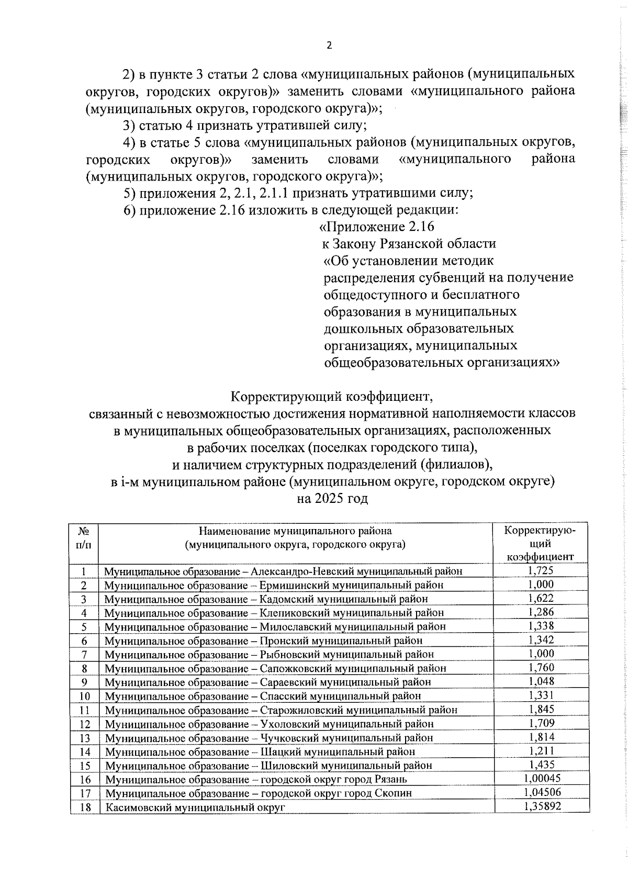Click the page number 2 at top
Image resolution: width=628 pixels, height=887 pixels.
(x=329, y=46)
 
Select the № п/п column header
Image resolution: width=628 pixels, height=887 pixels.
(x=84, y=537)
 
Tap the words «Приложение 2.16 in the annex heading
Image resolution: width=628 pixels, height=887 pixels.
(x=377, y=227)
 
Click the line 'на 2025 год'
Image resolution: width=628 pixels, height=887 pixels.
(x=332, y=498)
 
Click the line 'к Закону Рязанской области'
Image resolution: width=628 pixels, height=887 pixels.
(x=409, y=244)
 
